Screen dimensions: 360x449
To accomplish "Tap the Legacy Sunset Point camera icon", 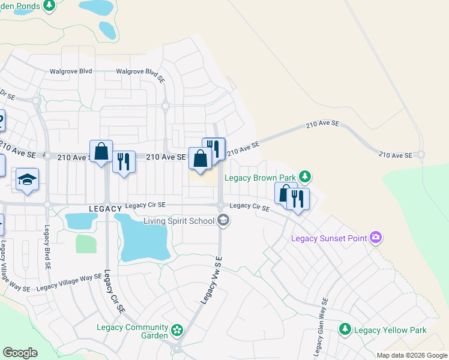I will pyautogui.click(x=376, y=238).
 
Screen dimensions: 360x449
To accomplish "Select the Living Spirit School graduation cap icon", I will pyautogui.click(x=223, y=221).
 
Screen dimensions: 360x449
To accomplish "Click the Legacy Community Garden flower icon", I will pyautogui.click(x=176, y=331).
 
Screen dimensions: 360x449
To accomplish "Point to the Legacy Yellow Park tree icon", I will pyautogui.click(x=345, y=329).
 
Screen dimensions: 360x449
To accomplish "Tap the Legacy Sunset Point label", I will pyautogui.click(x=329, y=238).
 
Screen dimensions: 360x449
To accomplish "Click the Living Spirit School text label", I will pyautogui.click(x=179, y=221).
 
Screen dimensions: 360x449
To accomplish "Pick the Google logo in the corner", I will pyautogui.click(x=20, y=353).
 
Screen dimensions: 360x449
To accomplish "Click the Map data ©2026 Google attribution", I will pyautogui.click(x=411, y=355).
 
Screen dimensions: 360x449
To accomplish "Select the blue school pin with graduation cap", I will pyautogui.click(x=28, y=181).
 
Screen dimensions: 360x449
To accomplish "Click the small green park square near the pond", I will pyautogui.click(x=86, y=244).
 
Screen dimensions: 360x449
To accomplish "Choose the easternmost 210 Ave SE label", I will pyautogui.click(x=395, y=155).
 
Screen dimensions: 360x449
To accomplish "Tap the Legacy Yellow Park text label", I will pyautogui.click(x=390, y=330).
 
